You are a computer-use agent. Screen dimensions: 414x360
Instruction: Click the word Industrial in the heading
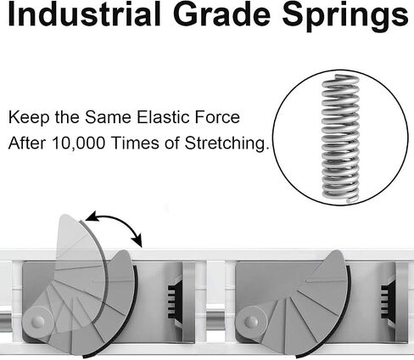[x=84, y=14]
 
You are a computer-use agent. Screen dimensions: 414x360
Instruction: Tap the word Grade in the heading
[x=221, y=14]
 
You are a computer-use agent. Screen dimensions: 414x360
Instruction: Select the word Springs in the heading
[x=345, y=16]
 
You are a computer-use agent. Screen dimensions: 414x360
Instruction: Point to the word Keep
[x=26, y=117]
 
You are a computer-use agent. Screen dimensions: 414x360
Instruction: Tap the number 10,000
[x=78, y=143]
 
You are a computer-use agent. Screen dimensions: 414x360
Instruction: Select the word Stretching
[x=227, y=143]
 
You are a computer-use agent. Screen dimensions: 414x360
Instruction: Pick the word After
[x=27, y=143]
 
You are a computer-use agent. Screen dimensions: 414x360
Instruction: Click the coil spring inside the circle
[x=340, y=138]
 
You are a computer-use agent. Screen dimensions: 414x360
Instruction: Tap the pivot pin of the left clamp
[x=38, y=322]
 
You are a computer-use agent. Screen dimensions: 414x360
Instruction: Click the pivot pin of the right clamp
[x=251, y=322]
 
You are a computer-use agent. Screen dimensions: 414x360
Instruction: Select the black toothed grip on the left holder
[x=172, y=301]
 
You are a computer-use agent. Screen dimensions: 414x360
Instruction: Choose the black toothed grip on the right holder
[x=385, y=301]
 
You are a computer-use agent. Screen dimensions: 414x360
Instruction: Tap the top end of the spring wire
[x=337, y=76]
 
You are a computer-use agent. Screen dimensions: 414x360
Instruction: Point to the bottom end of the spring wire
[x=348, y=200]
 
